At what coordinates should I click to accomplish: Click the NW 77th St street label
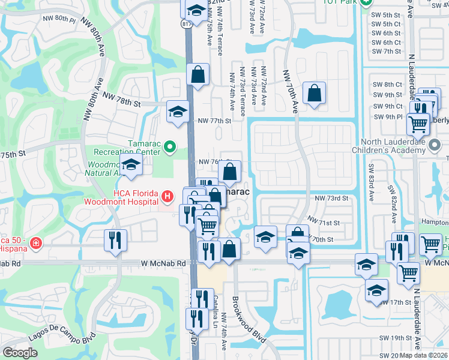click(x=214, y=121)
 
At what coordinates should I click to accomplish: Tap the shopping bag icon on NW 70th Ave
click(x=314, y=93)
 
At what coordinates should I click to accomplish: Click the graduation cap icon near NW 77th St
click(x=178, y=112)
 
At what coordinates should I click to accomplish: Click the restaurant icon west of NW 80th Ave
click(x=116, y=240)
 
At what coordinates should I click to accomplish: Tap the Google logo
click(x=20, y=352)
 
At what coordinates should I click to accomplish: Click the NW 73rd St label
click(x=331, y=199)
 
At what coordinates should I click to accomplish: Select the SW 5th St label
click(x=387, y=14)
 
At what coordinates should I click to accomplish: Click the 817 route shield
click(x=187, y=23)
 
